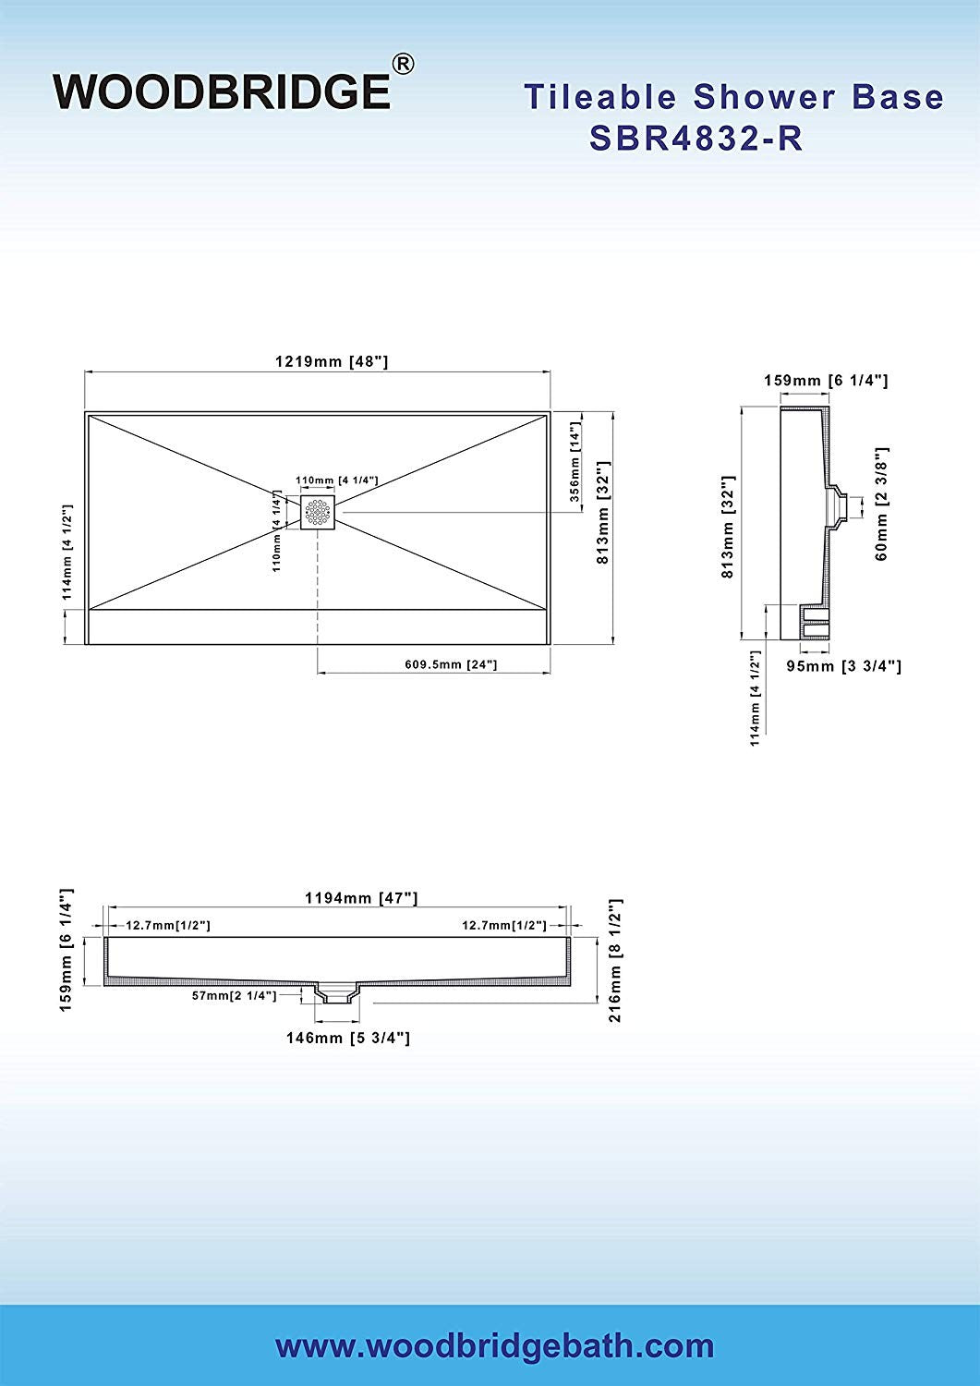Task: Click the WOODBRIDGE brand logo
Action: point(223,91)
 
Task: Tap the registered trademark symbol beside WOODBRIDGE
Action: point(404,65)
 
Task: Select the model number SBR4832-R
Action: point(696,138)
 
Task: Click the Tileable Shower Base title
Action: point(733,96)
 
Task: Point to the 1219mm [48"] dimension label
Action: point(332,361)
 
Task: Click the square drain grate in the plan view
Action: point(318,512)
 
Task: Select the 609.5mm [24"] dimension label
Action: point(451,664)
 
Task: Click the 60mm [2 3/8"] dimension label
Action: point(881,504)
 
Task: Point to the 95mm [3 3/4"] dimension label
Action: point(844,666)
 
